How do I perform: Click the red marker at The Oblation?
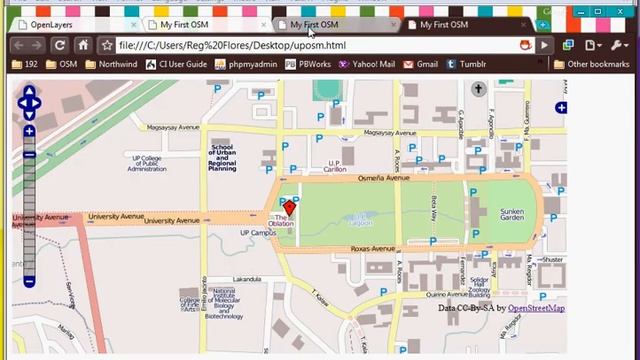point(290,207)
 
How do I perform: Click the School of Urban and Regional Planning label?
point(222,158)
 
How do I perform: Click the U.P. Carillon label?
point(334,166)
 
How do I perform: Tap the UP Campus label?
point(258,233)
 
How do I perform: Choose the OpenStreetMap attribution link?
point(535,308)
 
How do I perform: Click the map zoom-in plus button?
point(29,131)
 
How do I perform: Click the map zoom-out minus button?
point(29,282)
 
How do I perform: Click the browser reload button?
point(60,45)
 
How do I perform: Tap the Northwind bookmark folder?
point(111,64)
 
